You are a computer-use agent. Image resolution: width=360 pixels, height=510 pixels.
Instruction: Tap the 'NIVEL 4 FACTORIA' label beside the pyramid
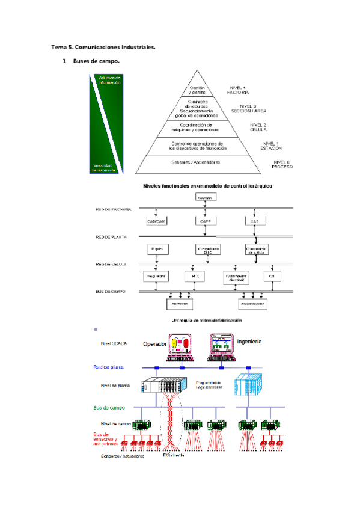click(x=237, y=90)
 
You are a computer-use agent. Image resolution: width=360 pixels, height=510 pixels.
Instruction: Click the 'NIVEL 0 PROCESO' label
click(x=282, y=164)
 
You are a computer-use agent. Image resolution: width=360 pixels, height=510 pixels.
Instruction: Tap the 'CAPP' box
click(x=206, y=221)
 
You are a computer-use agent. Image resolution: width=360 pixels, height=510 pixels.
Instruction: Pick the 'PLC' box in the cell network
click(x=195, y=277)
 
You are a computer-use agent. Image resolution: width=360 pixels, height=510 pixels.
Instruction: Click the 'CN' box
click(x=272, y=277)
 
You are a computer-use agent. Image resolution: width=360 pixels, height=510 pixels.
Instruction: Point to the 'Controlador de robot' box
click(x=235, y=277)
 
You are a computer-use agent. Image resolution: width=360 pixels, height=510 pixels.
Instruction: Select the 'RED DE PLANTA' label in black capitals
click(x=111, y=238)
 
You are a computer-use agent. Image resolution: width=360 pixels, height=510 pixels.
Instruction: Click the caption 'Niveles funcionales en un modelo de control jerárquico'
click(x=207, y=186)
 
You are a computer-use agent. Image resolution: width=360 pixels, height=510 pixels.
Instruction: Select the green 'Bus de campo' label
click(x=109, y=407)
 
